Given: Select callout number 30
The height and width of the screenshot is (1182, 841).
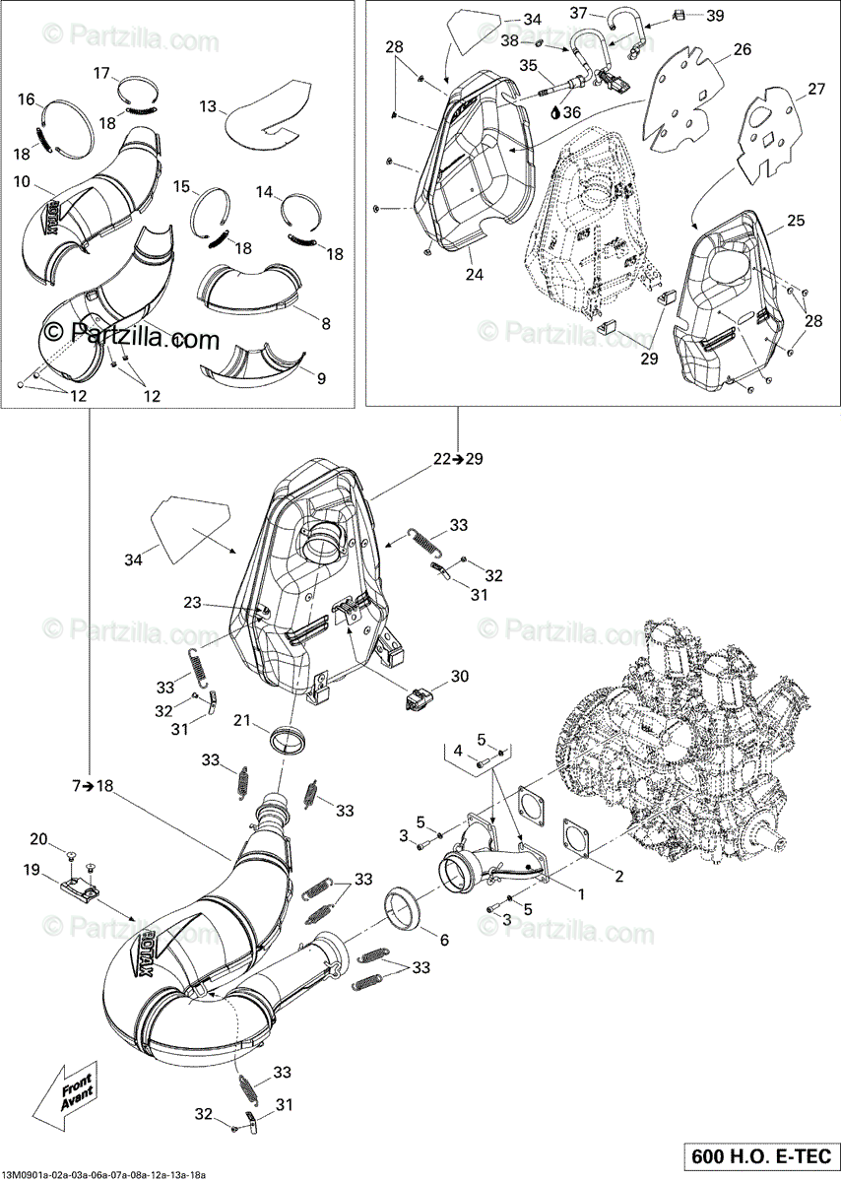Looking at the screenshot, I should pos(459,677).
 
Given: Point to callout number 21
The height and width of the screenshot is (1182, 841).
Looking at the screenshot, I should pos(241,720).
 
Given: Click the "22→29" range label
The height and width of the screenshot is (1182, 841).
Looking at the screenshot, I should pos(458,458).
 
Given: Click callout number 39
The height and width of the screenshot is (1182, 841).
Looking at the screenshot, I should pos(715,15).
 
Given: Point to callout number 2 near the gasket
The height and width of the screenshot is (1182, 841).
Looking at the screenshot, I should pos(618,876).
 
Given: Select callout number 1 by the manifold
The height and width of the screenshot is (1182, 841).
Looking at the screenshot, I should pos(580,894).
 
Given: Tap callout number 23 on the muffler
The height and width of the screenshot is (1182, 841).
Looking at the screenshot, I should pos(191,602).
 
